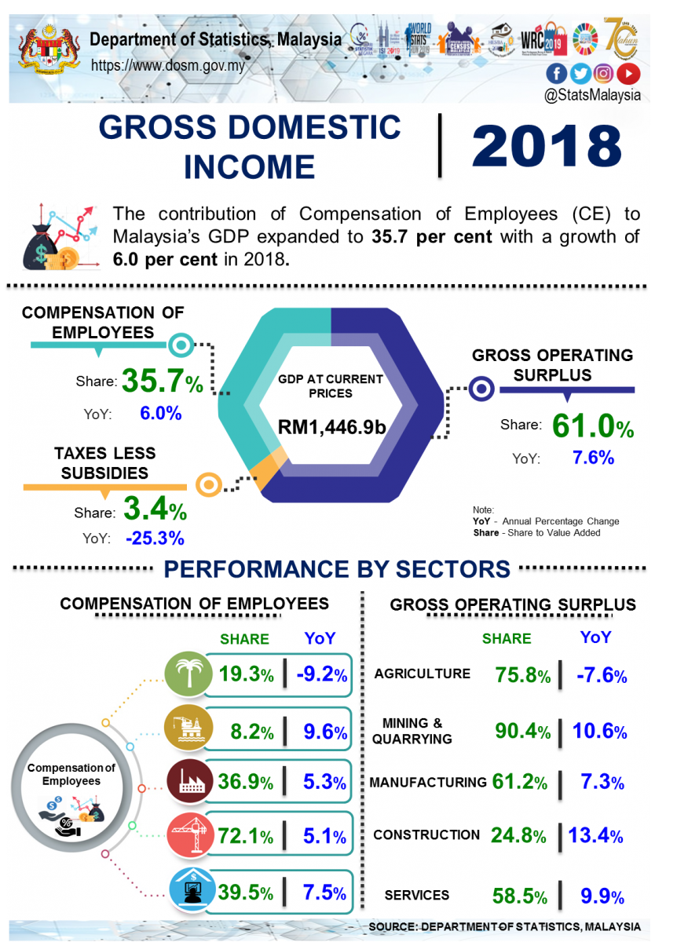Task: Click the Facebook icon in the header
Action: (x=556, y=74)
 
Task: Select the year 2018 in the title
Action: (x=547, y=146)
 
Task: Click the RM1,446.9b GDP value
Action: (x=331, y=427)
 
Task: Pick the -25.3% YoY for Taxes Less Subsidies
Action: (x=155, y=539)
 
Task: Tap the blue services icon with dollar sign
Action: (x=188, y=891)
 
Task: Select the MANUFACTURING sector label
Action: (x=428, y=783)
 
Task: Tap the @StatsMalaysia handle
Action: (x=593, y=95)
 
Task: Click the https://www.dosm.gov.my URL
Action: (x=168, y=66)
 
